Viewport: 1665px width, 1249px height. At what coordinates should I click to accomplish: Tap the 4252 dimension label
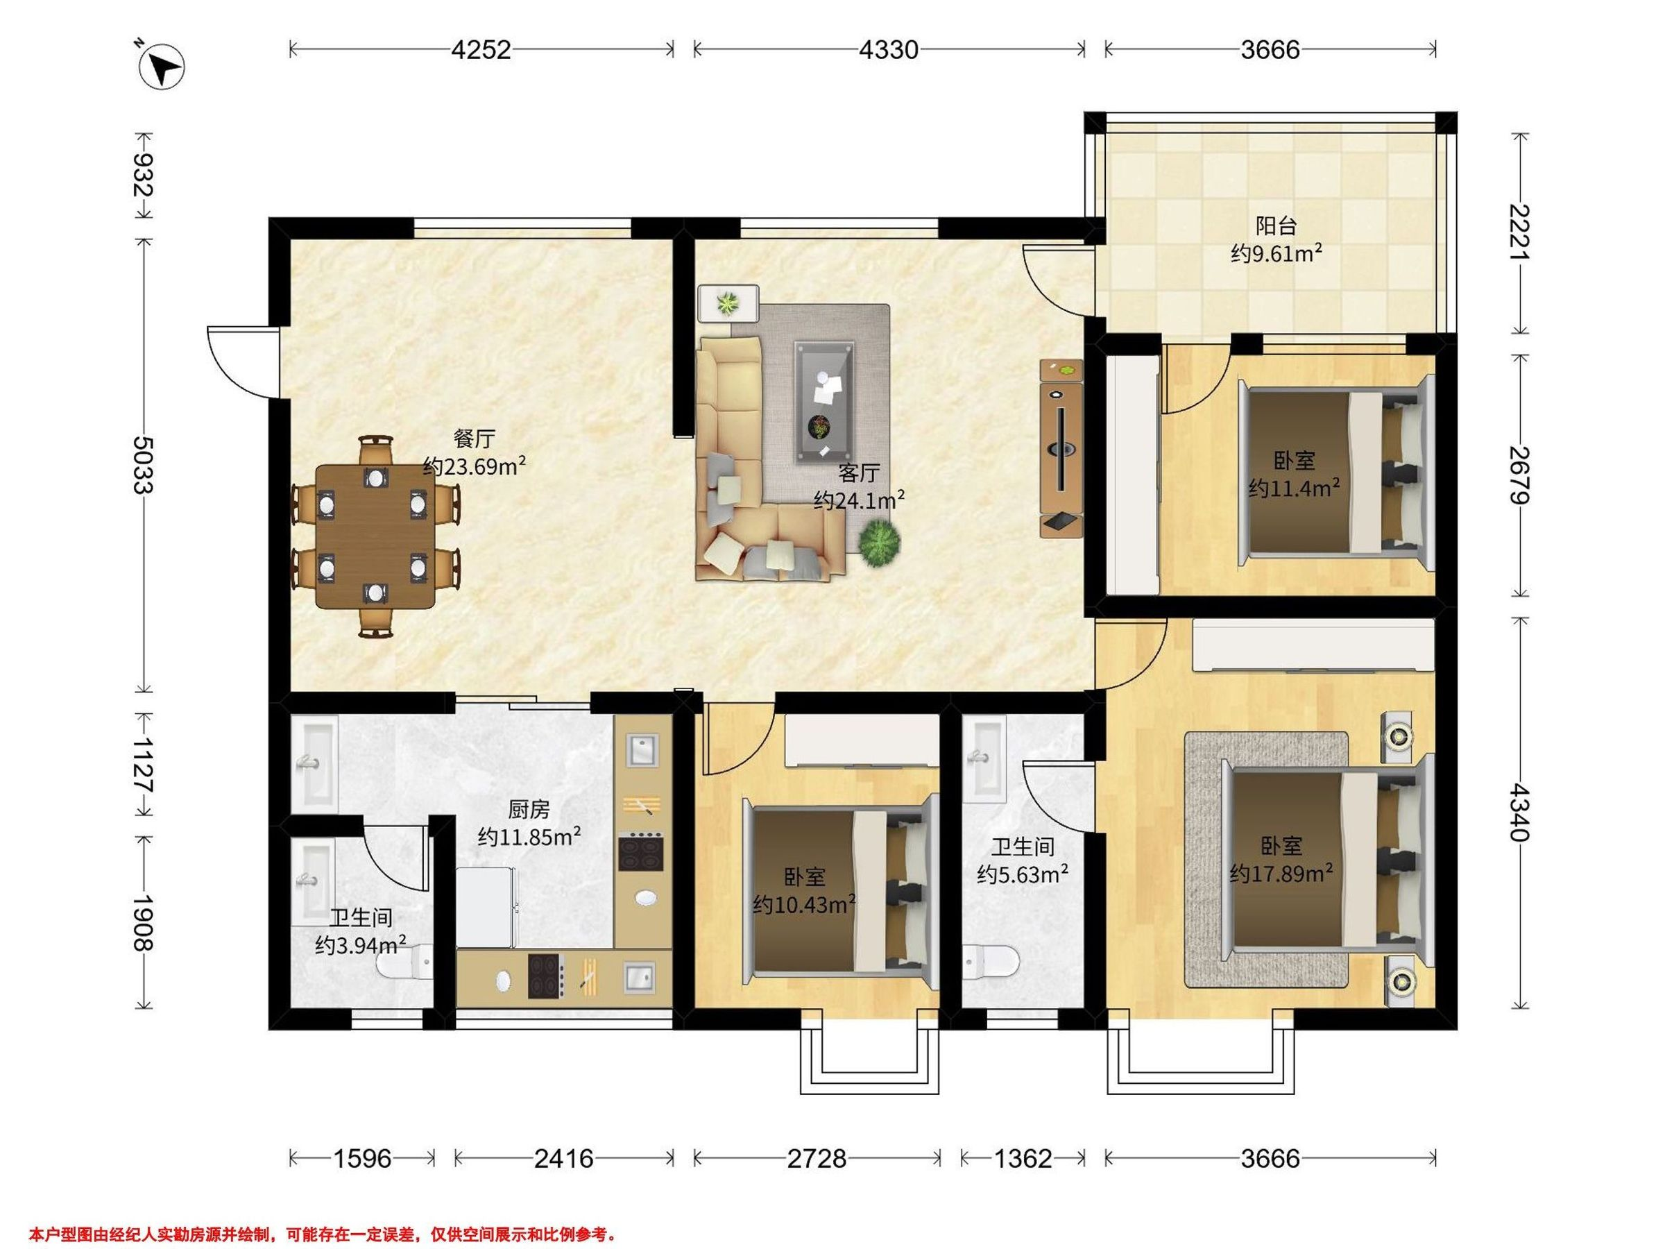click(x=481, y=50)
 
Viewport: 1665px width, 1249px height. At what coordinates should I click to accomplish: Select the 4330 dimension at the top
click(x=889, y=50)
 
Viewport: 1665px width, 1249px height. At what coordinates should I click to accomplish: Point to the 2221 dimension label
click(x=1520, y=232)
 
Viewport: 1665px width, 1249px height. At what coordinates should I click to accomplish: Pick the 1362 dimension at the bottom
click(x=1023, y=1158)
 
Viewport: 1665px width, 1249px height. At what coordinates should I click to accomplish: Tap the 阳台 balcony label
click(x=1276, y=225)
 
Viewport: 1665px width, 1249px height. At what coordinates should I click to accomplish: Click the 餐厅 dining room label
click(x=475, y=438)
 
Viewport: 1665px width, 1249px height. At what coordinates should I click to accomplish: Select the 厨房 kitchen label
click(x=529, y=809)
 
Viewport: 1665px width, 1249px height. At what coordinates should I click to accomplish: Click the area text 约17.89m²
click(x=1281, y=873)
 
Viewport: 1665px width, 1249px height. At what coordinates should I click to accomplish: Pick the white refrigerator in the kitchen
click(x=486, y=907)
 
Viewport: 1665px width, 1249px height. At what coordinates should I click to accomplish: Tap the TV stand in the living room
click(x=1061, y=448)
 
